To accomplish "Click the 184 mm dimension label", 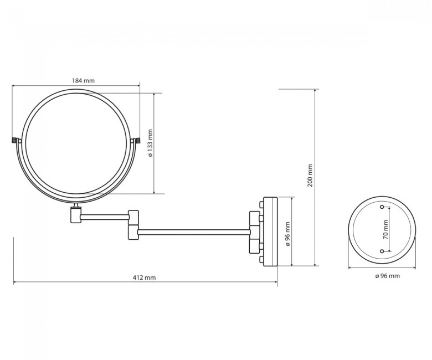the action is click(83, 81).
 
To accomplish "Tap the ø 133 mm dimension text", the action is click(150, 143).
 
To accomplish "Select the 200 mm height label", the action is click(311, 176).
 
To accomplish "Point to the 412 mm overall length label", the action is click(145, 277).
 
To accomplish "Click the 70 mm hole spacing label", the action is click(385, 229).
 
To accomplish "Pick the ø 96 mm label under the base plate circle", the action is click(387, 276).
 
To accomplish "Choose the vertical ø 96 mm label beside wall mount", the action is click(288, 234).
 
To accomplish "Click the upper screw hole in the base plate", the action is click(382, 207).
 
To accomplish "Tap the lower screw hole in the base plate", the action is click(382, 251).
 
